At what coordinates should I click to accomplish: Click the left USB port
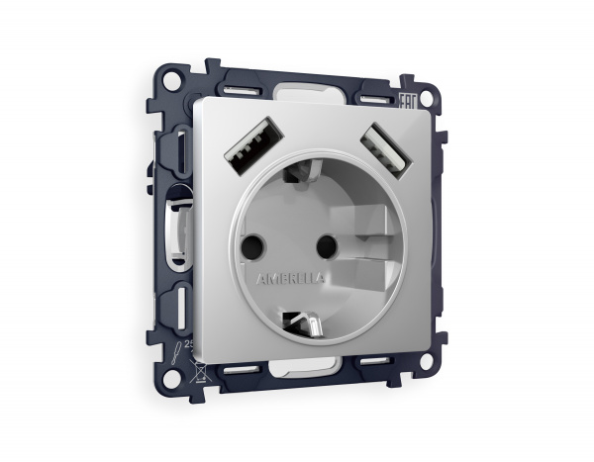(x=243, y=145)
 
